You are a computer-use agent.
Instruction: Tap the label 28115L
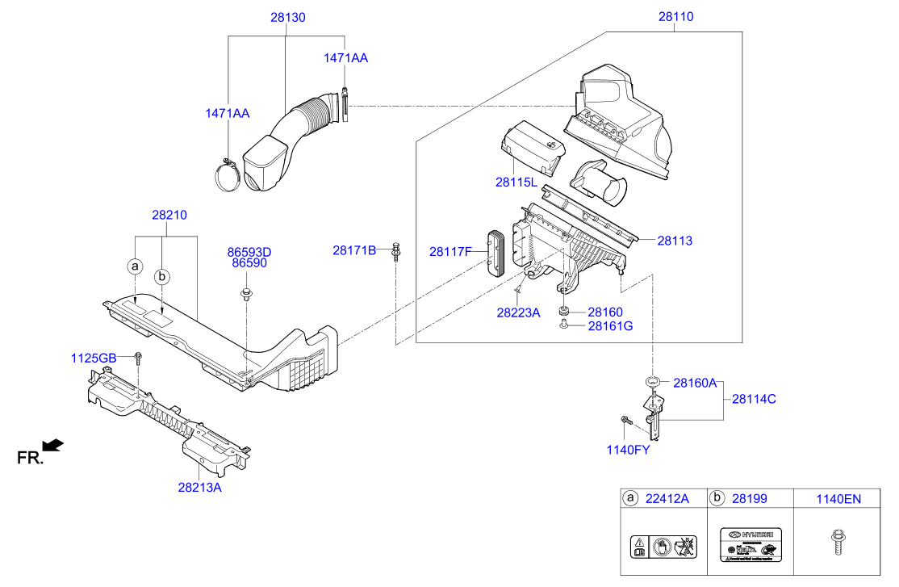(x=517, y=182)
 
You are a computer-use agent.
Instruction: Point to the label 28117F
(x=450, y=251)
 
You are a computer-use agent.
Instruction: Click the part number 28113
(x=674, y=240)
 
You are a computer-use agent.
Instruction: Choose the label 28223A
(x=518, y=312)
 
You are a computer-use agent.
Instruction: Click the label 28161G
(x=610, y=325)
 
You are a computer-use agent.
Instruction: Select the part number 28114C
(x=754, y=398)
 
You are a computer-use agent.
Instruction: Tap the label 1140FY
(x=628, y=450)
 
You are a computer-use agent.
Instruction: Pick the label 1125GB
(x=94, y=358)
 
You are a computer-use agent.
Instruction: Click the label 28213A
(x=200, y=487)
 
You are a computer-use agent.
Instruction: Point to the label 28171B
(x=354, y=250)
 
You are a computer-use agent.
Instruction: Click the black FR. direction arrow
(x=52, y=444)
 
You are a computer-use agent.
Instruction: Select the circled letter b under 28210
(x=162, y=276)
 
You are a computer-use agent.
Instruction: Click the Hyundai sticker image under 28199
(x=750, y=545)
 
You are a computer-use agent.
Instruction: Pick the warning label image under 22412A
(x=663, y=545)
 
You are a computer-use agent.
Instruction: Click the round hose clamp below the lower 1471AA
(x=228, y=175)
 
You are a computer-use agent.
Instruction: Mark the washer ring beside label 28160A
(x=653, y=382)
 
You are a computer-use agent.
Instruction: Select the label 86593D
(x=249, y=252)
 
